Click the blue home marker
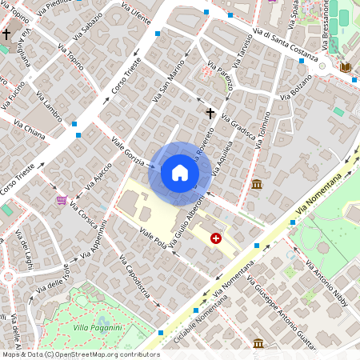pos(180,173)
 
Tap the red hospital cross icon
pos(215,238)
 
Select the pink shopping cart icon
pos(61,199)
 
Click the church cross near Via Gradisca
pos(210,114)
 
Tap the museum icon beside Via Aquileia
pos(256,185)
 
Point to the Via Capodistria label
pos(134,280)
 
